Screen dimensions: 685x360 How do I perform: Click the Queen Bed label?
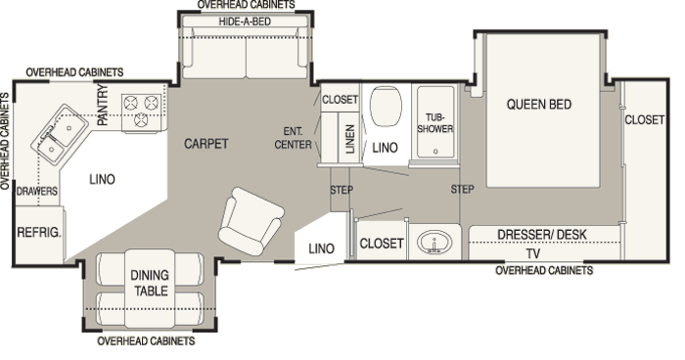[538, 105]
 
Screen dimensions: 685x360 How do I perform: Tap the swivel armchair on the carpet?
[251, 221]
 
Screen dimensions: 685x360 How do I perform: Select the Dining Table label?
[150, 283]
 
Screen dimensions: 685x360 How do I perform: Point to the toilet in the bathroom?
[386, 107]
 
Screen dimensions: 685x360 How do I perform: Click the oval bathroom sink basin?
[434, 242]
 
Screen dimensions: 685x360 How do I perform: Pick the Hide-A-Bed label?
[245, 22]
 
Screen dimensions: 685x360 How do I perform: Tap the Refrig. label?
[39, 232]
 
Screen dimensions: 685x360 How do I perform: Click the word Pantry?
[102, 105]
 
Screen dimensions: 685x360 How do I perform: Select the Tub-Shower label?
[435, 122]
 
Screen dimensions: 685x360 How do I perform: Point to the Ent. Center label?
[293, 138]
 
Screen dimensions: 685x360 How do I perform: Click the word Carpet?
[205, 143]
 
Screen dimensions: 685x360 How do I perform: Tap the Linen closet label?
[350, 139]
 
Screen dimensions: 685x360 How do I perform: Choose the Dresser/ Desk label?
[542, 234]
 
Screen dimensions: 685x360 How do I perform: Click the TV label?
[533, 253]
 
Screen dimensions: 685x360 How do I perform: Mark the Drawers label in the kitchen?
[37, 191]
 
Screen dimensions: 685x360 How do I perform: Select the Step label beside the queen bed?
[462, 189]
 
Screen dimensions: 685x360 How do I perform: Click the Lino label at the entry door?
[321, 248]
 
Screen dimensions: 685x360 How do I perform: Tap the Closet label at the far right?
[644, 119]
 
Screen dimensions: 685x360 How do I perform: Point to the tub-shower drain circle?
[435, 152]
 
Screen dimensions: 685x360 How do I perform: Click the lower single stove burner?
[141, 119]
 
